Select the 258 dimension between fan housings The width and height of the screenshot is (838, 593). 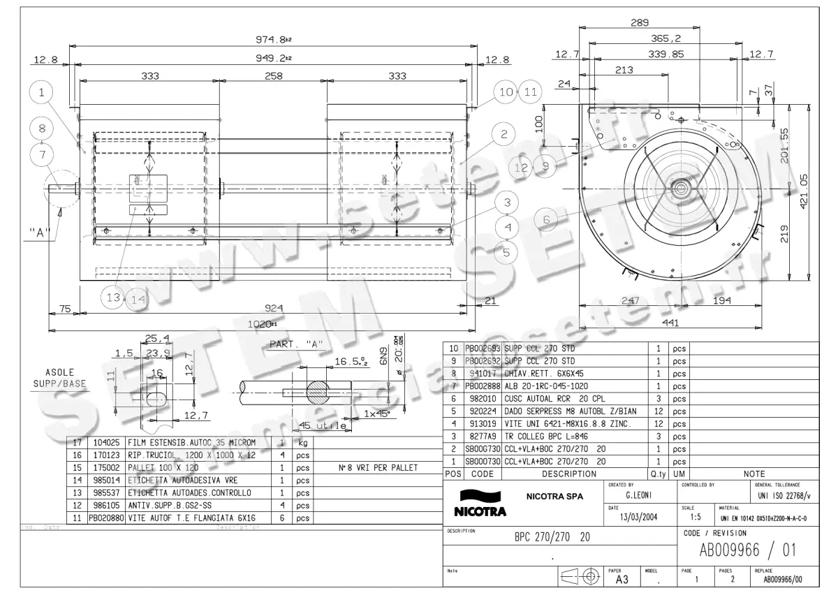[273, 76]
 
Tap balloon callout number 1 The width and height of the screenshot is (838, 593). [42, 91]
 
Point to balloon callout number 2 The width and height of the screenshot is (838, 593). [503, 133]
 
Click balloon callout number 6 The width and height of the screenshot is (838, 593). [546, 219]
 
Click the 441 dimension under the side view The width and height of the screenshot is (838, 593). [670, 323]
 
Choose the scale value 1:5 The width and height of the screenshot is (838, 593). [696, 518]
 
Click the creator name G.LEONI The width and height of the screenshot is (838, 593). [638, 494]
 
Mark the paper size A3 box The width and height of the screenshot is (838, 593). [621, 580]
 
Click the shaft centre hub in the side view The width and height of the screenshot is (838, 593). [680, 189]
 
